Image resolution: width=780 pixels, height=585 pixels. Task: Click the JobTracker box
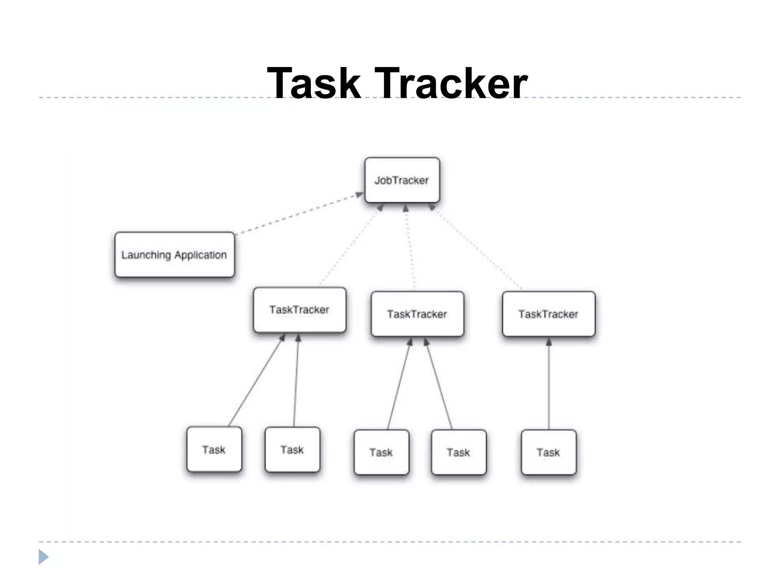[x=402, y=180]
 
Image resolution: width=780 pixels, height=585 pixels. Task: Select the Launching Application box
[x=174, y=254]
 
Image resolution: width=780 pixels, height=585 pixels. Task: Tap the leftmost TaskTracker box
[x=299, y=310]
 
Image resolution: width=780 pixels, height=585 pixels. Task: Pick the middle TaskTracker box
[x=417, y=314]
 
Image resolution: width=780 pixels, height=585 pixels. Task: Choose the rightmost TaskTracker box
[x=548, y=314]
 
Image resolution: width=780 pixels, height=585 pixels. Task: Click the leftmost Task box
[x=214, y=449]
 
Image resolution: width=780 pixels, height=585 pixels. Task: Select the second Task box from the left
[x=292, y=449]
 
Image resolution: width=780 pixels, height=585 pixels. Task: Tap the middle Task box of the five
[x=381, y=452]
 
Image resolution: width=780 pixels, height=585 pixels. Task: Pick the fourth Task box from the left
[x=458, y=452]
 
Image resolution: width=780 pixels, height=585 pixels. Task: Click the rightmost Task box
[x=548, y=452]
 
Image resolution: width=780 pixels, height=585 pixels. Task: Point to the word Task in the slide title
[x=314, y=83]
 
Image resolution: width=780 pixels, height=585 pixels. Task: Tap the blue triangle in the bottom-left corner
[x=43, y=557]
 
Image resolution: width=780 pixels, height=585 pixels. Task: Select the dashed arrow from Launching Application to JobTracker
[x=299, y=214]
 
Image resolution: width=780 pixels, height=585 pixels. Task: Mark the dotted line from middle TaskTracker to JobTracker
[x=410, y=248]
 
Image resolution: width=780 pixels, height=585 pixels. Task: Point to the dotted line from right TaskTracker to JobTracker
[x=476, y=248]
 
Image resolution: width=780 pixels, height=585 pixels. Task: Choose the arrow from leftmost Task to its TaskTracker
[x=256, y=381]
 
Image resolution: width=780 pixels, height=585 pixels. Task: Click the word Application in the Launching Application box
[x=200, y=255]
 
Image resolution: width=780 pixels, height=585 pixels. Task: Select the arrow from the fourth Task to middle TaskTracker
[x=438, y=385]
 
